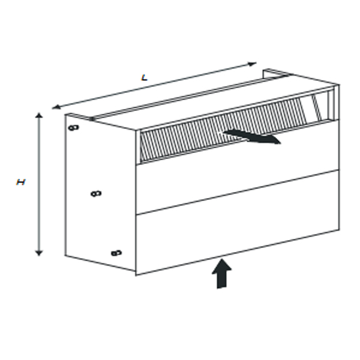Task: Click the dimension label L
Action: pos(144,77)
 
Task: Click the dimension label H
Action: pos(20,182)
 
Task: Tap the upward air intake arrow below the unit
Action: pos(221,274)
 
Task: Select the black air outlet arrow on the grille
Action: pos(252,137)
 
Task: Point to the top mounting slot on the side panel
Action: pos(74,128)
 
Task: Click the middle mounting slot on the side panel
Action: pos(96,194)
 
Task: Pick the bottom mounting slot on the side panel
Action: pos(116,253)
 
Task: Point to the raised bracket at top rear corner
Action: pos(274,73)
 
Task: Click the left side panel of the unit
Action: pos(100,193)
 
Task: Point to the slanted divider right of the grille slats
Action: pos(317,107)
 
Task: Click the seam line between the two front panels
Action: pos(238,193)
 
